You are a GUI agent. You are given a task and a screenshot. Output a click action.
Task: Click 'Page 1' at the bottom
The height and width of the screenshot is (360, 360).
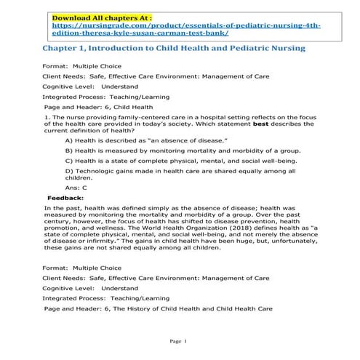(x=179, y=341)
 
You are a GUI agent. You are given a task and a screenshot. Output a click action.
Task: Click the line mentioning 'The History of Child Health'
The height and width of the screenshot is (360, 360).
(x=158, y=308)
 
